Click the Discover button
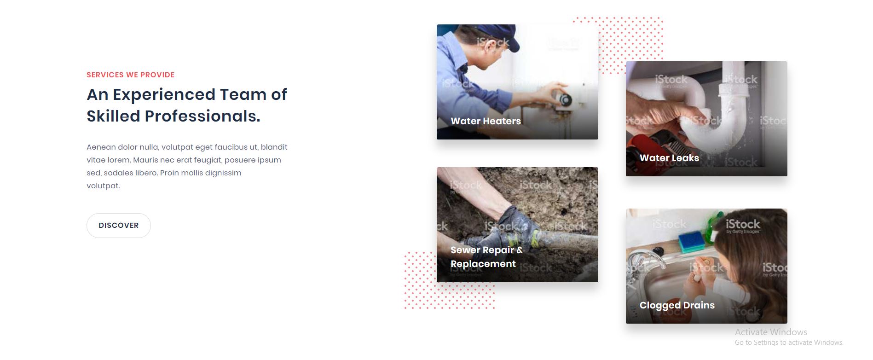pos(119,226)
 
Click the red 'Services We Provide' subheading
pos(131,75)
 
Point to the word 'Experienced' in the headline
pos(164,95)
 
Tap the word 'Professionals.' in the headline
pos(202,116)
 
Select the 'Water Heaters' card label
pos(486,121)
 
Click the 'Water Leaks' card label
pos(669,158)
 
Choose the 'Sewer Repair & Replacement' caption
pos(486,257)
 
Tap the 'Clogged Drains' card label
pos(677,305)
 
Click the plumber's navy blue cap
pos(499,37)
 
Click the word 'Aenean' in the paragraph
pos(101,147)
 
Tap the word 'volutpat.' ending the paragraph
pos(103,186)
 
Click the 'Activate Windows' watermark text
pos(771,332)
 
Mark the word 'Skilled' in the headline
pos(113,116)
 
